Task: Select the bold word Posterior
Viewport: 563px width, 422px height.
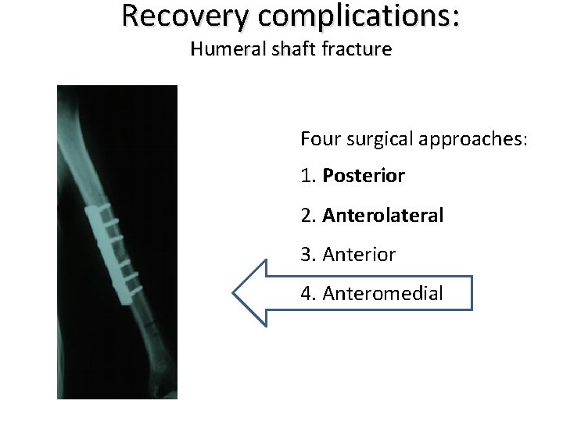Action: pyautogui.click(x=363, y=177)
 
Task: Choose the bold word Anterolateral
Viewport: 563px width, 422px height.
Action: pyautogui.click(x=382, y=215)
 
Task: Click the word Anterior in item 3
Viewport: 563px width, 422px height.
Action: pyautogui.click(x=359, y=254)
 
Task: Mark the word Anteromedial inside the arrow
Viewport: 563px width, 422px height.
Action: pyautogui.click(x=382, y=293)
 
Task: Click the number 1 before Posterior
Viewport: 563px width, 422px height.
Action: pyautogui.click(x=306, y=177)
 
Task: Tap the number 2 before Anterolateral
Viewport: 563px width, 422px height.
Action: pyautogui.click(x=306, y=215)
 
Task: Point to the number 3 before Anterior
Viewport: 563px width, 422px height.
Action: pyautogui.click(x=306, y=254)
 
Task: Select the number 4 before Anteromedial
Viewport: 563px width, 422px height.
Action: pyautogui.click(x=306, y=293)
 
